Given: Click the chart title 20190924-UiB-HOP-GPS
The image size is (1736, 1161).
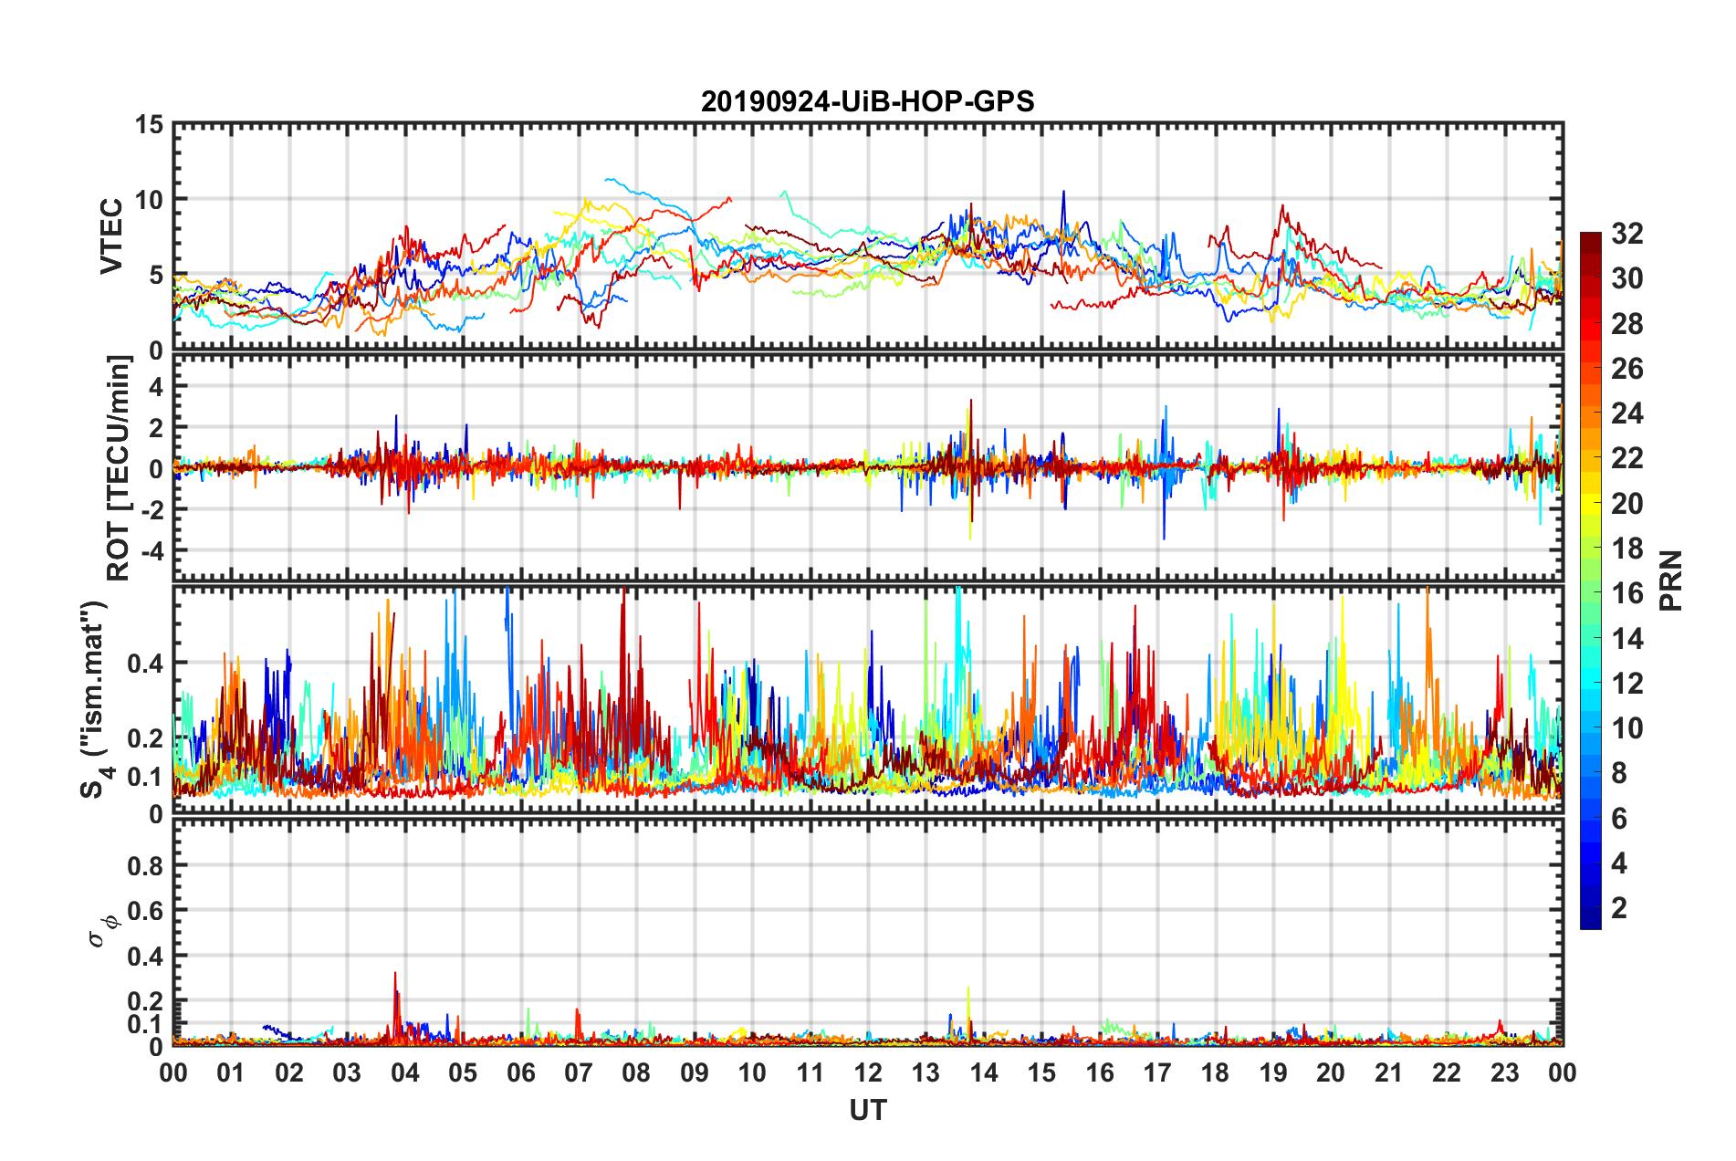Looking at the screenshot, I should pyautogui.click(x=867, y=101).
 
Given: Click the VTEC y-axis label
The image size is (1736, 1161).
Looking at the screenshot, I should pyautogui.click(x=111, y=235).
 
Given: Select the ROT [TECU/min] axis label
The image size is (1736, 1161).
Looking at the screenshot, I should pyautogui.click(x=119, y=468).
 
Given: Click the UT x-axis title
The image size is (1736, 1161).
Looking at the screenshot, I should pyautogui.click(x=867, y=1110).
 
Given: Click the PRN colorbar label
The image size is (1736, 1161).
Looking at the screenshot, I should pyautogui.click(x=1671, y=580).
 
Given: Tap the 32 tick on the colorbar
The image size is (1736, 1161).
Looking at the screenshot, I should pyautogui.click(x=1626, y=234).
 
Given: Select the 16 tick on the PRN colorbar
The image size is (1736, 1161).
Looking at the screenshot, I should pyautogui.click(x=1626, y=593).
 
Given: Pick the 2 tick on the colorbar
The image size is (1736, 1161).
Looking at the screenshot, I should pyautogui.click(x=1619, y=907).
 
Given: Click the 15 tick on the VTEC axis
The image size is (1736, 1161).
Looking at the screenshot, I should pyautogui.click(x=150, y=125).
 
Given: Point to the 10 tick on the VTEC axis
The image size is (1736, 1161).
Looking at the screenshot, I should pyautogui.click(x=150, y=199).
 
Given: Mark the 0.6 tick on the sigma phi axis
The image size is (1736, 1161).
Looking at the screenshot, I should pyautogui.click(x=146, y=910).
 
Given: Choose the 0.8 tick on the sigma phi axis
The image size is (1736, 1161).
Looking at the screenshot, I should pyautogui.click(x=146, y=865).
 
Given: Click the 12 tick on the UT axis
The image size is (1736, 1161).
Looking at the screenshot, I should pyautogui.click(x=868, y=1072).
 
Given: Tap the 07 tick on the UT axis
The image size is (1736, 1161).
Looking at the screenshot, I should pyautogui.click(x=579, y=1072).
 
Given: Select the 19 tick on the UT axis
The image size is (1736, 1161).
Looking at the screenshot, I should pyautogui.click(x=1273, y=1072).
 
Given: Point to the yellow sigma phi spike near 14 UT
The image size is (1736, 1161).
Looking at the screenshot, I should pyautogui.click(x=968, y=989).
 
